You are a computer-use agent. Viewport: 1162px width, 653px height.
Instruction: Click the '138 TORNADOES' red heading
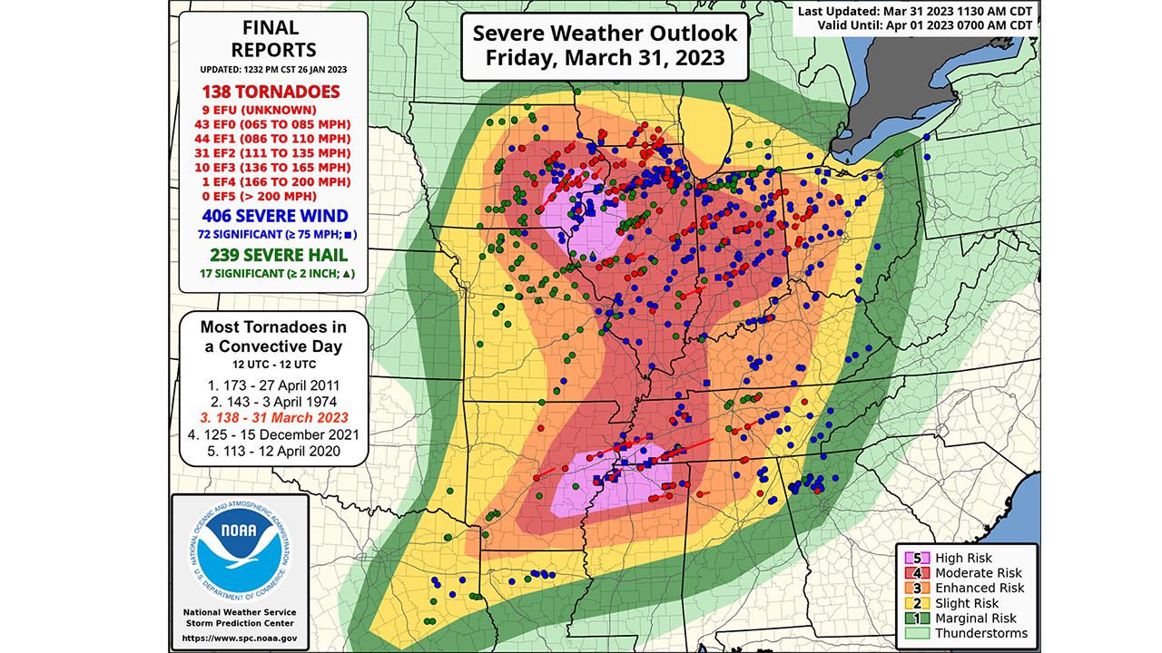pos(272,92)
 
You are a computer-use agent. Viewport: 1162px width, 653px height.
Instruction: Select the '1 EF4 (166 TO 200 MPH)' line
pos(272,181)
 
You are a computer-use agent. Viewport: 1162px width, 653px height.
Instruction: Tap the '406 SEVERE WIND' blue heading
pos(272,216)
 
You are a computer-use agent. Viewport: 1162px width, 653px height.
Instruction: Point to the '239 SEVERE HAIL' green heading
pos(272,255)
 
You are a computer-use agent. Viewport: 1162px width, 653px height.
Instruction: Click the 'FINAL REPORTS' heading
pos(272,39)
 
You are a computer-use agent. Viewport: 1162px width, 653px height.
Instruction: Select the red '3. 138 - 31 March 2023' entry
pos(272,417)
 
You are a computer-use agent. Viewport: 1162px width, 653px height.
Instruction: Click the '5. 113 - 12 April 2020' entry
pos(272,451)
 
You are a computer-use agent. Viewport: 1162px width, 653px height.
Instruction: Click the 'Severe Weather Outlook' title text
pos(605,34)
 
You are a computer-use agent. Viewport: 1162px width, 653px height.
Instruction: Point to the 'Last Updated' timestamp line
pos(914,10)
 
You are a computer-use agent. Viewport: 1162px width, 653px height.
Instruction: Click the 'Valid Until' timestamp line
pos(914,25)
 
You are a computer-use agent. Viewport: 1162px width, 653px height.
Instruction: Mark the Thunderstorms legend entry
pos(968,633)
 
